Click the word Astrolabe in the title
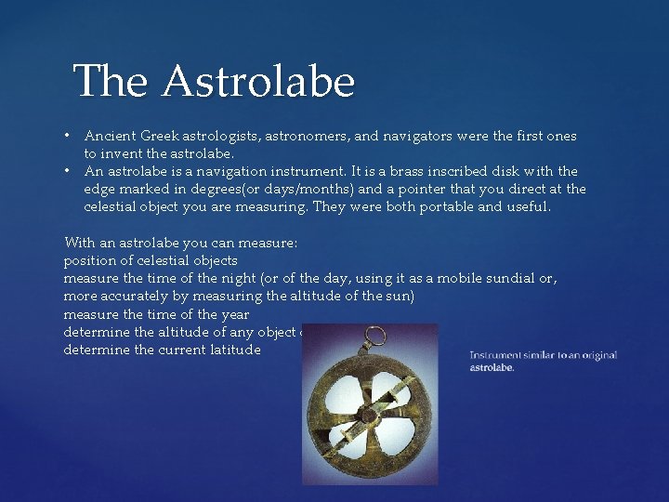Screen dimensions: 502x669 [257, 81]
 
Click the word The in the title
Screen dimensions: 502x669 [111, 81]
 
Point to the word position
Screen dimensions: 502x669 [91, 260]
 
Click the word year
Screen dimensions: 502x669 [234, 314]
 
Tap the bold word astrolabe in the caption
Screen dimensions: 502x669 [492, 367]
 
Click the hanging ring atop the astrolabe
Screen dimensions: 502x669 [375, 337]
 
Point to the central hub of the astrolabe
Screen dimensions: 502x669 [367, 412]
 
